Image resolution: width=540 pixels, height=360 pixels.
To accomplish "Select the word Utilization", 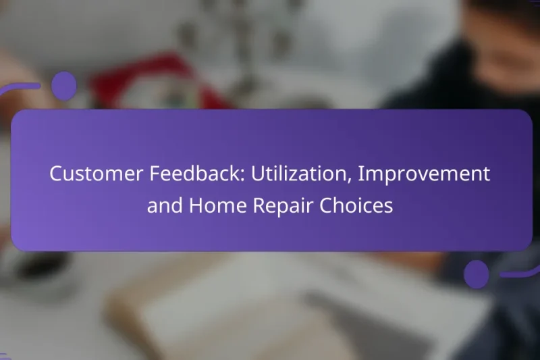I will tap(301, 174).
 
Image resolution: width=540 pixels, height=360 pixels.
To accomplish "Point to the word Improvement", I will tap(425, 174).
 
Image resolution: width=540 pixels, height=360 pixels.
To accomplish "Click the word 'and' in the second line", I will tap(162, 206).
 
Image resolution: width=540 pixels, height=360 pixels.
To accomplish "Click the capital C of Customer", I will tap(55, 174).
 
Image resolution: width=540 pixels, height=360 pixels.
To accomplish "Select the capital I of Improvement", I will tap(362, 174).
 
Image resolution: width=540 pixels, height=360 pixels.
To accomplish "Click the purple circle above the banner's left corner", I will tap(63, 86).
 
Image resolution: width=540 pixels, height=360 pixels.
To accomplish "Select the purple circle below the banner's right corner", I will tap(477, 274).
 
